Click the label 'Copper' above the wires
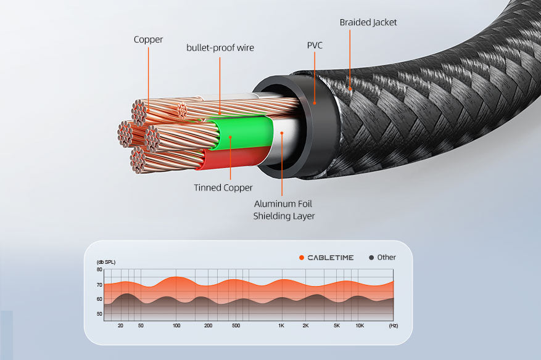point(149,39)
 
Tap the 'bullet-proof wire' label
point(220,47)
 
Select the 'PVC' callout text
point(315,45)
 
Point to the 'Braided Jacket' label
point(368,22)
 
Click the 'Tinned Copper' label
point(223,187)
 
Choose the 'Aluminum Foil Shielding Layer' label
point(284,210)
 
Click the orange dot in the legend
point(302,258)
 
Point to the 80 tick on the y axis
point(99,270)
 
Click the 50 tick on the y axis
point(99,314)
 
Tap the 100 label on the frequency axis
point(176,325)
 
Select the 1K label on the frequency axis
point(281,325)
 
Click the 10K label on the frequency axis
point(360,325)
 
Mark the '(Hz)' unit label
point(394,325)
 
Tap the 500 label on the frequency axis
point(236,325)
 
